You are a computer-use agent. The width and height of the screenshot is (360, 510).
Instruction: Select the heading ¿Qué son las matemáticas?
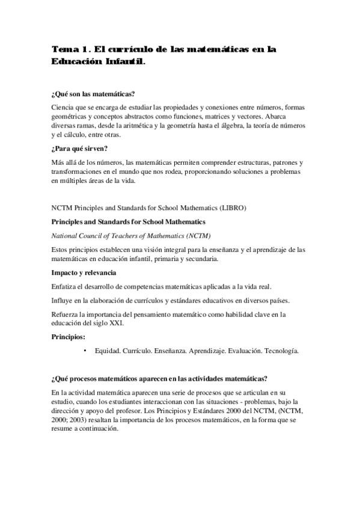pyautogui.click(x=93, y=94)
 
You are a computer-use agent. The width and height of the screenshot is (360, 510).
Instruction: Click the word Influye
pyautogui.click(x=64, y=300)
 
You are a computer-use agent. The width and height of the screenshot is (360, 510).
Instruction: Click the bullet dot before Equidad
pyautogui.click(x=85, y=350)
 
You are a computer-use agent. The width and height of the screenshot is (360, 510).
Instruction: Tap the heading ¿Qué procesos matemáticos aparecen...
pyautogui.click(x=159, y=378)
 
